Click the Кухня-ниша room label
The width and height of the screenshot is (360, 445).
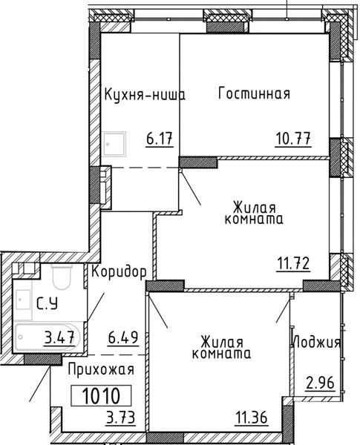(x=145, y=95)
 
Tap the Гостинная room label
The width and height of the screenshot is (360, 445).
(x=255, y=93)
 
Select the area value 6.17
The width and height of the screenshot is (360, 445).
(x=160, y=139)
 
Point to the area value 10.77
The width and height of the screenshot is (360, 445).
(x=293, y=139)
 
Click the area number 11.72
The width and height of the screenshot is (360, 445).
(x=293, y=264)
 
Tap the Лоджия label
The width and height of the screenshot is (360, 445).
(x=316, y=342)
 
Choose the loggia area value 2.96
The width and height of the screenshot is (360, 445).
(x=320, y=383)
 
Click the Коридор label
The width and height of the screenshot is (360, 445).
(x=119, y=272)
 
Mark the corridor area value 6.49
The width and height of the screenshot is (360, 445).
(x=123, y=337)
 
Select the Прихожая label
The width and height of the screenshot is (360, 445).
(x=101, y=370)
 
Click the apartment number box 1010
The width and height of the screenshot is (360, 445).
(x=101, y=395)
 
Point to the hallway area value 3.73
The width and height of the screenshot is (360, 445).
(x=120, y=418)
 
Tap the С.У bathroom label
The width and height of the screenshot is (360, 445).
(x=48, y=303)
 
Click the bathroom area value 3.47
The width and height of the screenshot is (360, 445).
(x=59, y=337)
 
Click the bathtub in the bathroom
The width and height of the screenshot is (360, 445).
(x=48, y=337)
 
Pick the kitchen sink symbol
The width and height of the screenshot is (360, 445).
(x=114, y=144)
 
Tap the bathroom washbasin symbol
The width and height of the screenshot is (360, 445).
(x=23, y=300)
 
